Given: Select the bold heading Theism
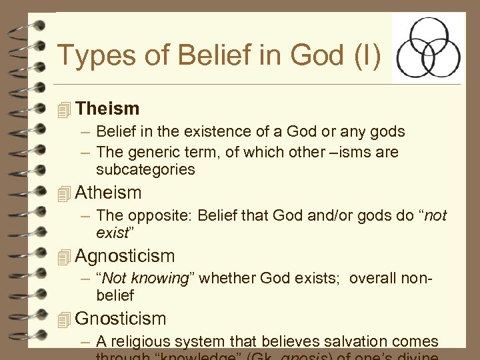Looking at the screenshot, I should click(x=107, y=109).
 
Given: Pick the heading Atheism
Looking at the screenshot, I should click(x=109, y=193).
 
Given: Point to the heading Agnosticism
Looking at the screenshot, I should click(x=125, y=256).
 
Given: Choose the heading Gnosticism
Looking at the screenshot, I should click(x=121, y=319).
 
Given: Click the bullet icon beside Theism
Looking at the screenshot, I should click(x=64, y=109).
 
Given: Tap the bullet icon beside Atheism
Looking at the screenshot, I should click(x=64, y=194).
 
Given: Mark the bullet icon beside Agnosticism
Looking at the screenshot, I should click(x=64, y=257).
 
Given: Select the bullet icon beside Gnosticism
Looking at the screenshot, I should click(x=64, y=320).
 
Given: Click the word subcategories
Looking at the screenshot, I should click(x=145, y=170).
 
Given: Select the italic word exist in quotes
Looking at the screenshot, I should click(x=111, y=233).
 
